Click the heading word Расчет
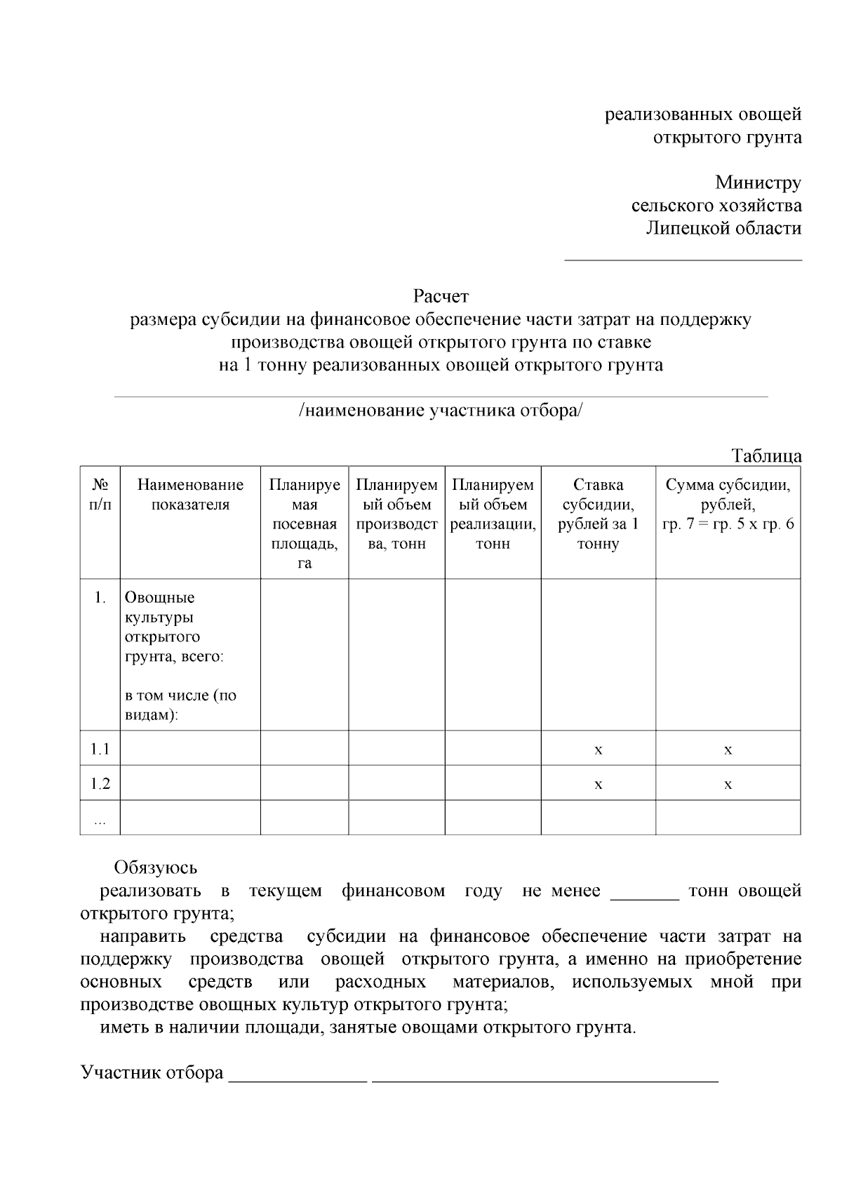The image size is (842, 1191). tap(440, 296)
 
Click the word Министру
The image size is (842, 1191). tap(758, 183)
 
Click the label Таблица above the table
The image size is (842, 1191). tap(766, 455)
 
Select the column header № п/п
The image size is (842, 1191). tap(100, 495)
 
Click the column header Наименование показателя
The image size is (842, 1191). tap(190, 495)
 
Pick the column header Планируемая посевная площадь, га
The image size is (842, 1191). tap(305, 524)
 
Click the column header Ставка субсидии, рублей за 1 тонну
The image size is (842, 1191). tap(598, 514)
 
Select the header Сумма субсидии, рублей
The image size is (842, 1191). tap(728, 494)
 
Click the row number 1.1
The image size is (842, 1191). tap(100, 749)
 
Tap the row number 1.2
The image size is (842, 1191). tap(100, 783)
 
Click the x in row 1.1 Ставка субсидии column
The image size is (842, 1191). tap(598, 750)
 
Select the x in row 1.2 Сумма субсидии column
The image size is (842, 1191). tap(728, 784)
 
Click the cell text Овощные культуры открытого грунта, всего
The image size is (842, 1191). tap(173, 627)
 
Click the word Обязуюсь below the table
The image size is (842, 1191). tap(155, 868)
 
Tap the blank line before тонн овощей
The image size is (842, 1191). tap(645, 898)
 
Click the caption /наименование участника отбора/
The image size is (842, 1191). tap(440, 411)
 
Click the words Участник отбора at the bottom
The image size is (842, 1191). tap(152, 1073)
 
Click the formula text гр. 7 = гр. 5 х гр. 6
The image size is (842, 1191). tap(728, 524)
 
